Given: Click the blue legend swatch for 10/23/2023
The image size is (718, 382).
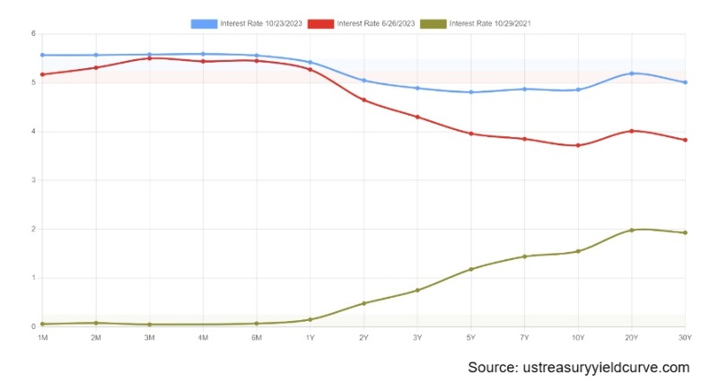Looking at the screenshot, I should click(x=204, y=22).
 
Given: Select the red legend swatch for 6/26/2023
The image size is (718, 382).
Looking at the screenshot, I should click(x=320, y=22).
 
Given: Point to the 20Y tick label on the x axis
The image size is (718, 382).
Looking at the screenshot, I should click(x=632, y=337).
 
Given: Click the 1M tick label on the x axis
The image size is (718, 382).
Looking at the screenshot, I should click(x=42, y=337).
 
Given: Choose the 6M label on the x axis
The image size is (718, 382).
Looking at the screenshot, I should click(x=257, y=337).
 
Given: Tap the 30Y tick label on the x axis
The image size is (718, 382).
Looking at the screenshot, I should click(x=686, y=337).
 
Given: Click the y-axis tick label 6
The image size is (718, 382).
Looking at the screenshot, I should click(x=32, y=34).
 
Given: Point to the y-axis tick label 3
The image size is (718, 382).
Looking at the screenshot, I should click(x=32, y=180).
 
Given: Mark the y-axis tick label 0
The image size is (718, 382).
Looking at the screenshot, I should click(x=32, y=326).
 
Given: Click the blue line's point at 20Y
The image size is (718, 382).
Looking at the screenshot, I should click(x=632, y=74).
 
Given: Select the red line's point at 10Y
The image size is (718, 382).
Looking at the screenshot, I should click(x=578, y=145).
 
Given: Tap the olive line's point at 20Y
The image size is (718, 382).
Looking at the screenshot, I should click(x=632, y=230).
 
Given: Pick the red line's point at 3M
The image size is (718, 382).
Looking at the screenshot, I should click(x=150, y=58).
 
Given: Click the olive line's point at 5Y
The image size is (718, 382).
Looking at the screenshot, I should click(x=471, y=269).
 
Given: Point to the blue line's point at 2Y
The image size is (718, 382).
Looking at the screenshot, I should click(x=363, y=81).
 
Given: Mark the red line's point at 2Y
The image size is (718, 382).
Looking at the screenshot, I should click(x=363, y=100).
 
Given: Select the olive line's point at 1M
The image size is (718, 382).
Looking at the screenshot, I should click(x=42, y=324).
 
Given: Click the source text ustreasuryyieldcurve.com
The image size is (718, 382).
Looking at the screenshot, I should click(x=579, y=368).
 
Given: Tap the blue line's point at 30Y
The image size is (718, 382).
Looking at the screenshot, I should click(x=686, y=82).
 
